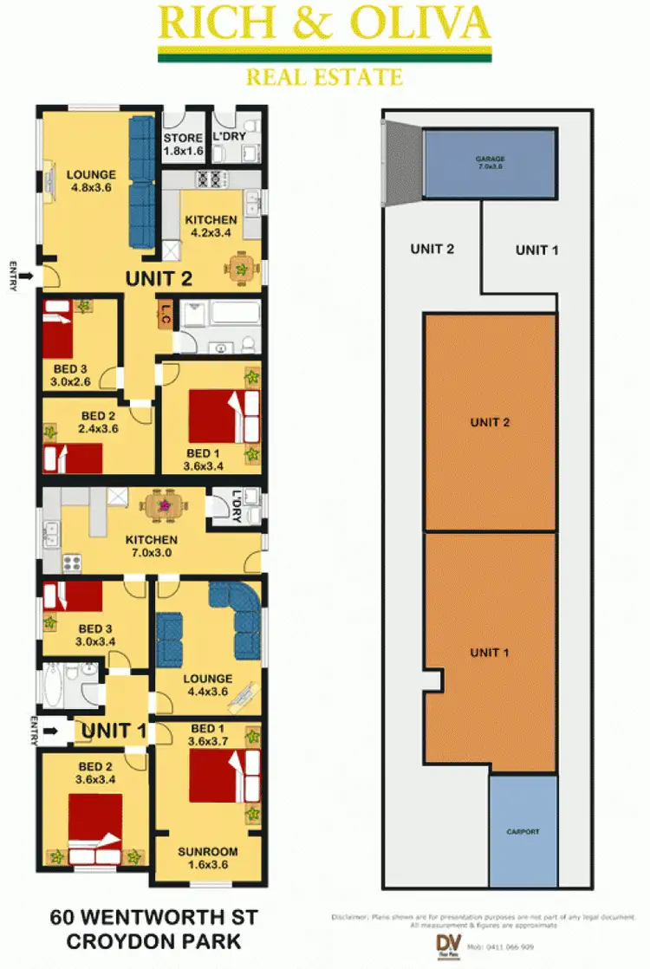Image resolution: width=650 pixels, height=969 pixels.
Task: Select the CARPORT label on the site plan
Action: (523, 832)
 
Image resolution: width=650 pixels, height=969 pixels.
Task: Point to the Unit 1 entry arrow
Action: (52, 731)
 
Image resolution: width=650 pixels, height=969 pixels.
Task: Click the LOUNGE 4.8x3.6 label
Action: (90, 182)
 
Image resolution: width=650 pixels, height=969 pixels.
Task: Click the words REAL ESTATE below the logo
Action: (324, 78)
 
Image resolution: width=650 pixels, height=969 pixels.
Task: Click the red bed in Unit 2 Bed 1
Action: (215, 416)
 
